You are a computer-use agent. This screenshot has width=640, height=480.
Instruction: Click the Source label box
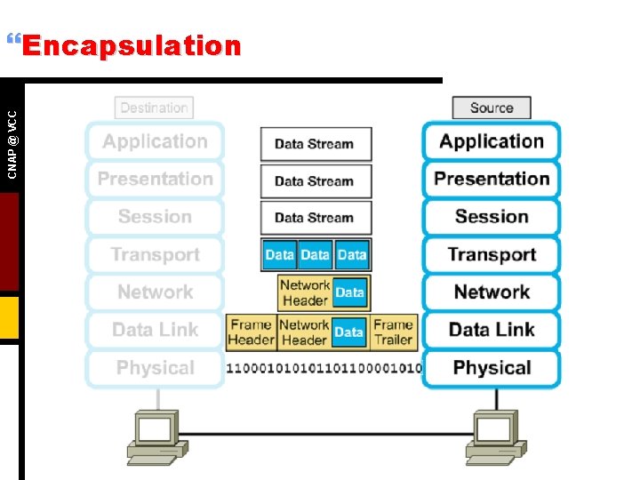coord(491,108)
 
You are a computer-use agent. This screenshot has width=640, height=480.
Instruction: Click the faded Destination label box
coord(154,108)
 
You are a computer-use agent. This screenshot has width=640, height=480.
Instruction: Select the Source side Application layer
coord(491,141)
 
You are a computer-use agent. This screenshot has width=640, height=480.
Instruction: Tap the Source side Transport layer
coord(491,255)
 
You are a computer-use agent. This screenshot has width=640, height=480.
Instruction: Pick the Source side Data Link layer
coord(491,330)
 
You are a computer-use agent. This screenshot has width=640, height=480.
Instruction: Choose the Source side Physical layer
coord(491,368)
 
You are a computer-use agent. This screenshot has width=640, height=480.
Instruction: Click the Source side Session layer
coord(491,217)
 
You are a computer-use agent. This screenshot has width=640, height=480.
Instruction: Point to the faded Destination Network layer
coord(155,292)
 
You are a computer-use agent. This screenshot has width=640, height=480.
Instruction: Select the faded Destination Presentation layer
coord(155,179)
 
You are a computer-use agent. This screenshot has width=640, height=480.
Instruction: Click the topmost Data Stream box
coord(315,144)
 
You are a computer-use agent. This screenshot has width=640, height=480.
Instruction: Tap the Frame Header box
coord(252,332)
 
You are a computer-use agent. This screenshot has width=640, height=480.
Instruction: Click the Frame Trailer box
coord(393,332)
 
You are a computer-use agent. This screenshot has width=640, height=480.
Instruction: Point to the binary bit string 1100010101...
coord(324,368)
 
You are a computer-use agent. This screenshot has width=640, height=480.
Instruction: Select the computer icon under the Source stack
coord(492,435)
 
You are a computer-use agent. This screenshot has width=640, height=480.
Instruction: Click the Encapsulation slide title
coord(131,45)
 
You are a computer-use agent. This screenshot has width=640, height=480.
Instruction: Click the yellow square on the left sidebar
coord(9,318)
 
